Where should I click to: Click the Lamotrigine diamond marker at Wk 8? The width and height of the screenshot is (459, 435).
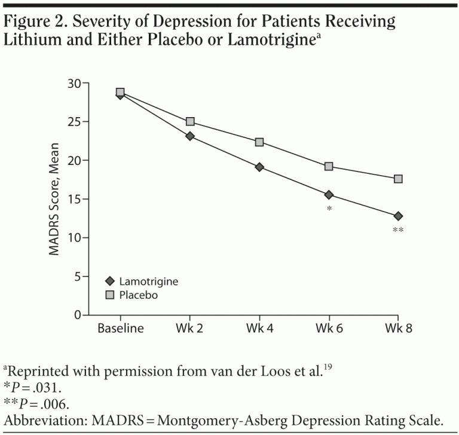point(398,216)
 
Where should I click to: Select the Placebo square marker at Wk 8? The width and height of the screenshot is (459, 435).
point(398,179)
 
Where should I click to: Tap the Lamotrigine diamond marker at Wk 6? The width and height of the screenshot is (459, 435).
point(329,195)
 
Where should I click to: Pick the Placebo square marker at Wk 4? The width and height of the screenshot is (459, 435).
point(259,142)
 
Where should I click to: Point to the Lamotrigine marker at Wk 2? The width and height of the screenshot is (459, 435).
point(190,136)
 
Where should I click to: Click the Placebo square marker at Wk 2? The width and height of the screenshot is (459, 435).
point(190,121)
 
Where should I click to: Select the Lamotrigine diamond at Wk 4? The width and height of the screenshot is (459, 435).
point(259,167)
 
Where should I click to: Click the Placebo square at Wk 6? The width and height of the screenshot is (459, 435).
point(329,166)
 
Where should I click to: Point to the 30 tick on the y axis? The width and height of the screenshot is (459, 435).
point(74,83)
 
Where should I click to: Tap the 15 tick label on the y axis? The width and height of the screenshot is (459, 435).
point(74,199)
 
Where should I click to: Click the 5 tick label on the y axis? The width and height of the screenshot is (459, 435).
point(77,276)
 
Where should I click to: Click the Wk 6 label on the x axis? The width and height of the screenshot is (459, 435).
point(329,328)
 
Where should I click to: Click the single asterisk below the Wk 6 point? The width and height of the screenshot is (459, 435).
point(329,209)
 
